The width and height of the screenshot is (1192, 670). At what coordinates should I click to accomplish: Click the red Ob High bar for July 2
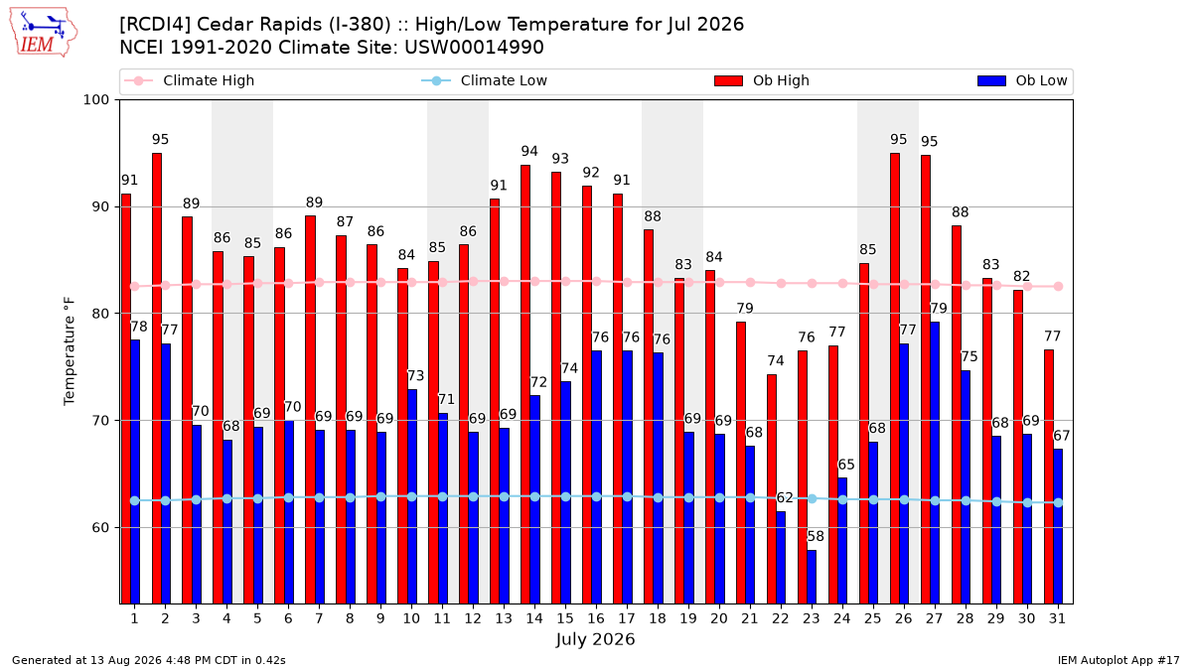click(x=157, y=378)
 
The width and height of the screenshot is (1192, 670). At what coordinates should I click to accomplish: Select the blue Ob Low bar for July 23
click(x=812, y=577)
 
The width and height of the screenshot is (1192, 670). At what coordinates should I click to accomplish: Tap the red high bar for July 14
click(x=525, y=384)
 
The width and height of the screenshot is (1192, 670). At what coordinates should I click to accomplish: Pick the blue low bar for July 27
click(x=935, y=463)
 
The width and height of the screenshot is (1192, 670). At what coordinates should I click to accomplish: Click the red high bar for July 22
click(x=772, y=489)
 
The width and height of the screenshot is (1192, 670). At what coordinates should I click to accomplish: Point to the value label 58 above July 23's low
click(x=816, y=536)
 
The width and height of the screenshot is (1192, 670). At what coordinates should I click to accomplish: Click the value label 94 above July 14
click(x=529, y=151)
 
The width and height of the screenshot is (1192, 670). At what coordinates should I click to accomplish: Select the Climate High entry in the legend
click(x=190, y=80)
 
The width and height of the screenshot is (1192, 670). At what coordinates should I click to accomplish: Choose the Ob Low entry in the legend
click(x=1022, y=80)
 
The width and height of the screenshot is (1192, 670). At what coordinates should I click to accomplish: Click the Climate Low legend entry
click(x=485, y=80)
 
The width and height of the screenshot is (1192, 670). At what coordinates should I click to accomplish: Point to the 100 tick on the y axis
click(x=95, y=100)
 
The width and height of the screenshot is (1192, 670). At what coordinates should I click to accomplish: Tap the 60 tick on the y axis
click(x=100, y=527)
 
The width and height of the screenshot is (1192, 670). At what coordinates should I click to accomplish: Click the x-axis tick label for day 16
click(x=596, y=618)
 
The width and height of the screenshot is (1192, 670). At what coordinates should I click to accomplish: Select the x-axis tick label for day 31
click(x=1057, y=618)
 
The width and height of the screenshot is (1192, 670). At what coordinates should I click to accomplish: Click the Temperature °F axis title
click(x=70, y=351)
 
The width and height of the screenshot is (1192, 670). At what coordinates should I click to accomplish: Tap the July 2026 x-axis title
click(x=595, y=639)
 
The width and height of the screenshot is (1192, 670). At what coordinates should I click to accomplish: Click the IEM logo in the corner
click(x=43, y=33)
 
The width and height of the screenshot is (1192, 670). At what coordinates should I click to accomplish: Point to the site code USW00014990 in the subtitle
click(x=474, y=48)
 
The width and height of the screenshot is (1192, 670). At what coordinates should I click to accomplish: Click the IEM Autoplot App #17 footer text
click(x=1118, y=660)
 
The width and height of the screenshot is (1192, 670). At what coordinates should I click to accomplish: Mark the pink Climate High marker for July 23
click(x=813, y=284)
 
